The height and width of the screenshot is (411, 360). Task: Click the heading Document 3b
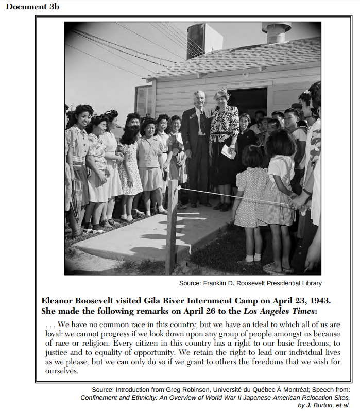pos(32,6)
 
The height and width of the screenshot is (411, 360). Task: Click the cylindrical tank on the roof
pos(196,40)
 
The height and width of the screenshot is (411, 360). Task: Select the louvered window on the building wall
pos(144,100)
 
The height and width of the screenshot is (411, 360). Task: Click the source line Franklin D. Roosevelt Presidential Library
pos(250,283)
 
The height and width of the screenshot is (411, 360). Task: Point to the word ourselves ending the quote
pos(61,371)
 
